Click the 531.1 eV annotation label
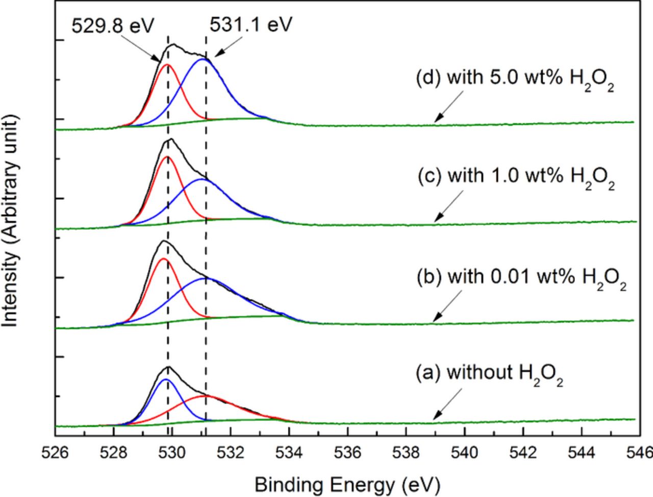click(x=250, y=24)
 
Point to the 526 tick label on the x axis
click(x=55, y=453)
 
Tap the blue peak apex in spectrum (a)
click(x=165, y=379)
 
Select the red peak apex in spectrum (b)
click(x=163, y=259)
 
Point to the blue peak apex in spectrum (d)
click(x=203, y=59)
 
